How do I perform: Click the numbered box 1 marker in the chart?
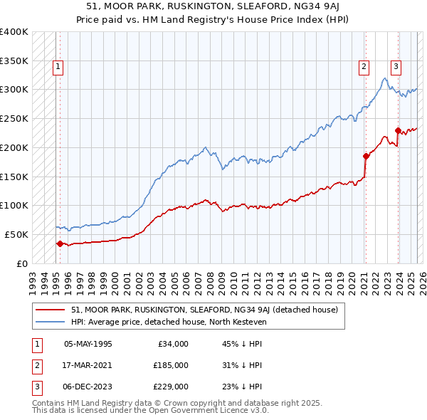coord(58,68)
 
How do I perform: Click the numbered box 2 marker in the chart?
coord(364,68)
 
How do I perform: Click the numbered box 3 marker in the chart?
coord(396,68)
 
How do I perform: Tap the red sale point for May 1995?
coord(60,243)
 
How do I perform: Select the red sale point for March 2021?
coord(365,156)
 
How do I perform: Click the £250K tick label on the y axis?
coord(14,118)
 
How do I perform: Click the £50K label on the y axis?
coord(17,234)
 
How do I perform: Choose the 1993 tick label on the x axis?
coord(33,278)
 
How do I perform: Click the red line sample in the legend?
coord(51,310)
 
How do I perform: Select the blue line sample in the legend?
coord(51,322)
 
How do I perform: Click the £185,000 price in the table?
coord(171,365)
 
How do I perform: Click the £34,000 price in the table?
coord(173,344)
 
